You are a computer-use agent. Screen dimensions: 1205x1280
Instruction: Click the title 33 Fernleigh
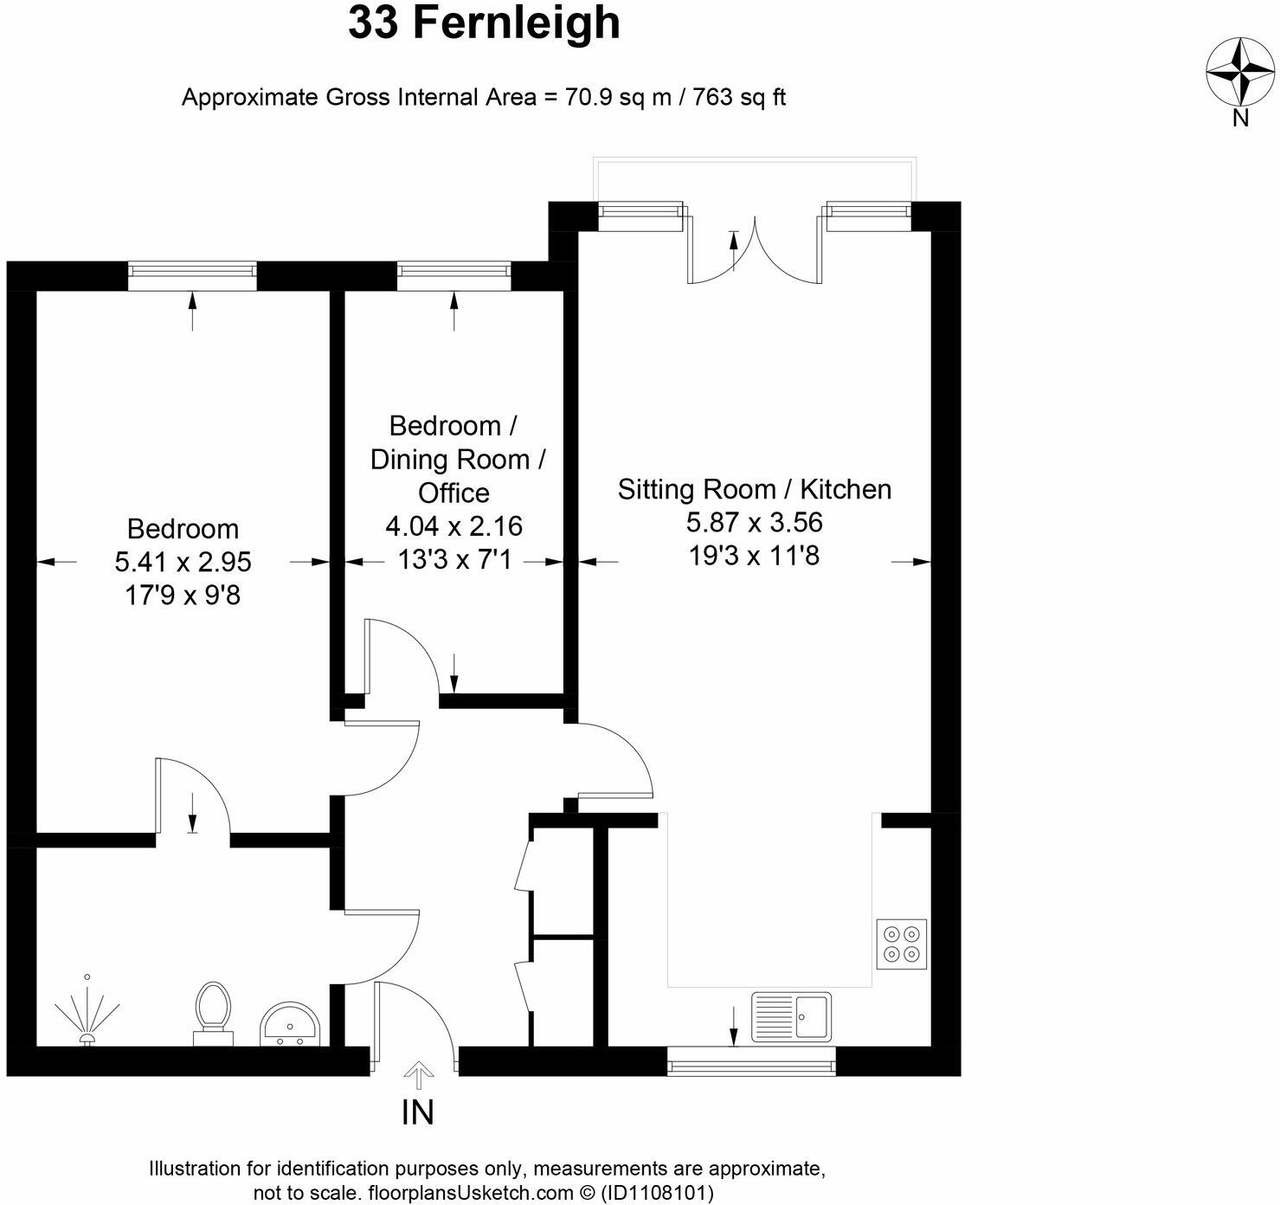click(x=484, y=23)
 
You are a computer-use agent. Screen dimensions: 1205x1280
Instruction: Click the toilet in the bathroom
click(x=213, y=1013)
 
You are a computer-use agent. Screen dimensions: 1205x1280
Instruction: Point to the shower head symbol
click(x=87, y=1013)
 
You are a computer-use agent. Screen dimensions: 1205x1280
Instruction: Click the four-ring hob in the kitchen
click(x=901, y=944)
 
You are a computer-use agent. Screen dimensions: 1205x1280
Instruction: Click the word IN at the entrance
click(x=417, y=1112)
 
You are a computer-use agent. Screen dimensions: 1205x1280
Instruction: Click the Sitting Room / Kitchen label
click(x=754, y=489)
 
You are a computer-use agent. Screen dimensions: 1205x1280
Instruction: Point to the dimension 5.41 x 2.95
click(x=183, y=562)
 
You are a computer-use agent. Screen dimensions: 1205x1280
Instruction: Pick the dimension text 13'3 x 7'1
click(x=453, y=560)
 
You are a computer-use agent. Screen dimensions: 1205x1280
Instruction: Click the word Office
click(x=453, y=493)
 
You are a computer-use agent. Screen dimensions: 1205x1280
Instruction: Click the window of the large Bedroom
click(x=192, y=276)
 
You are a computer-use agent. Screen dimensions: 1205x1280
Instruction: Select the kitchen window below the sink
click(x=751, y=1060)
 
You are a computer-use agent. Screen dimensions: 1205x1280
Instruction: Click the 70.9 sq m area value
click(x=618, y=97)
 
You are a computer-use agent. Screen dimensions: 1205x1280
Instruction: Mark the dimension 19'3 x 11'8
click(x=754, y=555)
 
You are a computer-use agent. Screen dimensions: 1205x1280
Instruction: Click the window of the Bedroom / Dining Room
click(x=453, y=276)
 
